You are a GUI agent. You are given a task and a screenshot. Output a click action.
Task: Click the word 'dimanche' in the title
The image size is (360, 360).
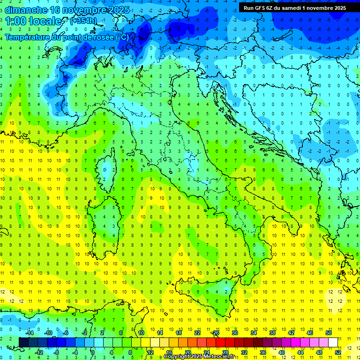(26, 10)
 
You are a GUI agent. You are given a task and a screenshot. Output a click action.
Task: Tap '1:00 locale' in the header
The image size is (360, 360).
(34, 21)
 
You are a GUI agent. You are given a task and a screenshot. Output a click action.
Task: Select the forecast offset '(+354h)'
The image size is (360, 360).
(83, 21)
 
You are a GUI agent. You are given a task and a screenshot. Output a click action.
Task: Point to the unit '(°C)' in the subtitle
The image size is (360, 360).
(121, 37)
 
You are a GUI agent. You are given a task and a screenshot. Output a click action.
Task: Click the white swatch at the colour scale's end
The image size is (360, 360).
(333, 342)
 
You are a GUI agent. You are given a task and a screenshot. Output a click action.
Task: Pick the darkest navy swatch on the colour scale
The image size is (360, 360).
(23, 342)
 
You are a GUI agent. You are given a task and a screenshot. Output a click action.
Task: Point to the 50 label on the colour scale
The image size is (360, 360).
(329, 333)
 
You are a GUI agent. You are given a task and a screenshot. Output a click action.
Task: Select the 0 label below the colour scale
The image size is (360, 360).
(93, 352)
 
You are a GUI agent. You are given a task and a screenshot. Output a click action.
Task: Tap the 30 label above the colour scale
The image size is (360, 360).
(235, 333)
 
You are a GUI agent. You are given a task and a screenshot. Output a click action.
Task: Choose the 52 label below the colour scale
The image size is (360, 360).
(338, 352)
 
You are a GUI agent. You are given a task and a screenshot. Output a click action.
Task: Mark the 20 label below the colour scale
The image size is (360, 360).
(187, 352)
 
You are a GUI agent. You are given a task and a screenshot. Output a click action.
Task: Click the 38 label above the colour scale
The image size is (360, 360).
(272, 333)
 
